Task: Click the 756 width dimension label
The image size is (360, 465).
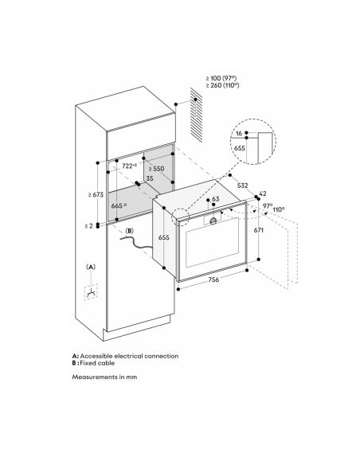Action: (213, 279)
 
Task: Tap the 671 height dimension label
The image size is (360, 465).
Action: (259, 230)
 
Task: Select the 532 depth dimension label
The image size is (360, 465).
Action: (243, 186)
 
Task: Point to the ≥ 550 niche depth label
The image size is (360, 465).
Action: (156, 169)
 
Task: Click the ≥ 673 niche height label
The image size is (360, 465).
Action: (96, 194)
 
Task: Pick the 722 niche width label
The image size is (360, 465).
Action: (129, 166)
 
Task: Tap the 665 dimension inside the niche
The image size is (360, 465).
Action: (119, 205)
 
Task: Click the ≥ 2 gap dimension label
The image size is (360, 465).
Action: (88, 226)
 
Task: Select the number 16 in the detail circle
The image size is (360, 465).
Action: (239, 134)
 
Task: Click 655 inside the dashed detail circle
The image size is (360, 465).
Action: (240, 147)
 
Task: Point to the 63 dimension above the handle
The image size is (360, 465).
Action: (216, 199)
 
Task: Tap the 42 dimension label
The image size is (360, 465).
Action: (263, 193)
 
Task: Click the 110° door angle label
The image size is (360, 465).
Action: (279, 209)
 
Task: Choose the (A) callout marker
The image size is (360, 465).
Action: (91, 267)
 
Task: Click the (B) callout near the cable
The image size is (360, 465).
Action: (130, 231)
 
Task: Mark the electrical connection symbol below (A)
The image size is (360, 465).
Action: (91, 292)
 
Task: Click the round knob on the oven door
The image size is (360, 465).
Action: (213, 221)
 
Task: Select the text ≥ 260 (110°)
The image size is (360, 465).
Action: (223, 85)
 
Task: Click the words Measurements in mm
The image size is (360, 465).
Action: (104, 377)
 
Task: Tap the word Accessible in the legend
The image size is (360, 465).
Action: (96, 356)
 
